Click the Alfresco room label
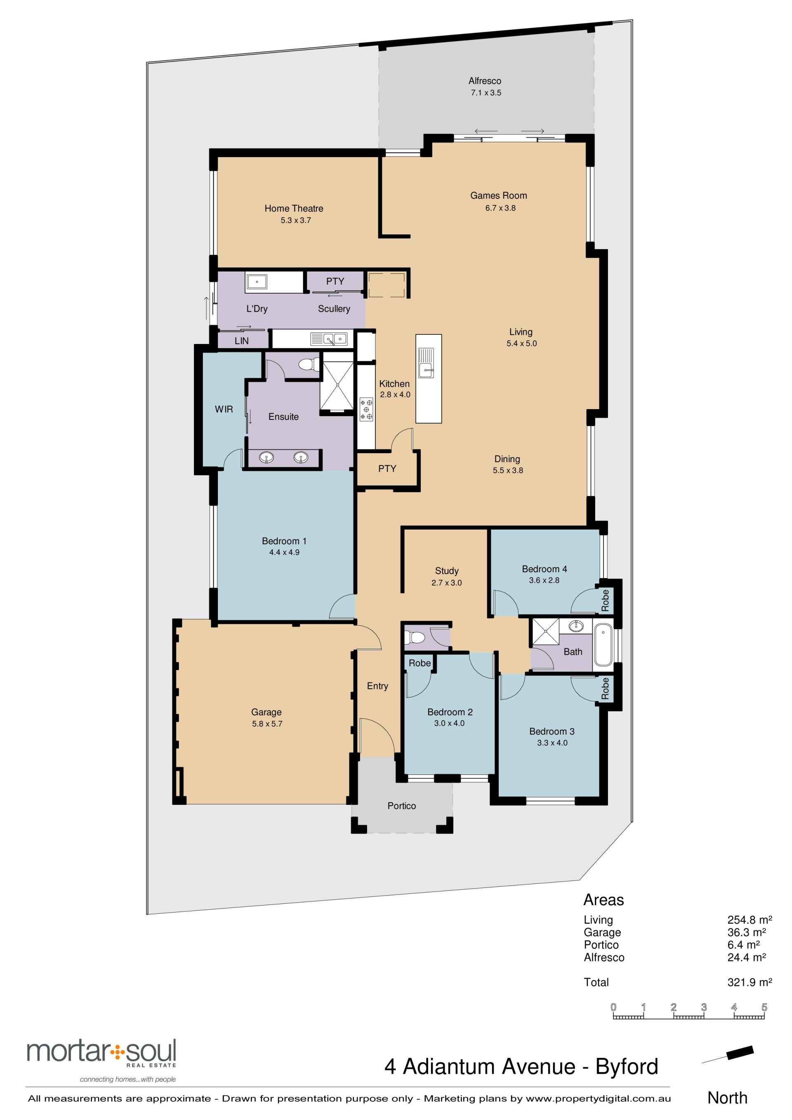point(485,81)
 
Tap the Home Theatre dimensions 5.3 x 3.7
point(296,221)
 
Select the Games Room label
point(499,195)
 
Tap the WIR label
point(224,409)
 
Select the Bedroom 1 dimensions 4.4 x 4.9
point(285,552)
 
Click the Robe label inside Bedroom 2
point(420,663)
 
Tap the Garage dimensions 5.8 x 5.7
point(267,724)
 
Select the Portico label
point(402,806)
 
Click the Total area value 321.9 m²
point(750,982)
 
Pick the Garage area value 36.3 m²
point(747,932)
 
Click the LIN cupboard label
point(242,341)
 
